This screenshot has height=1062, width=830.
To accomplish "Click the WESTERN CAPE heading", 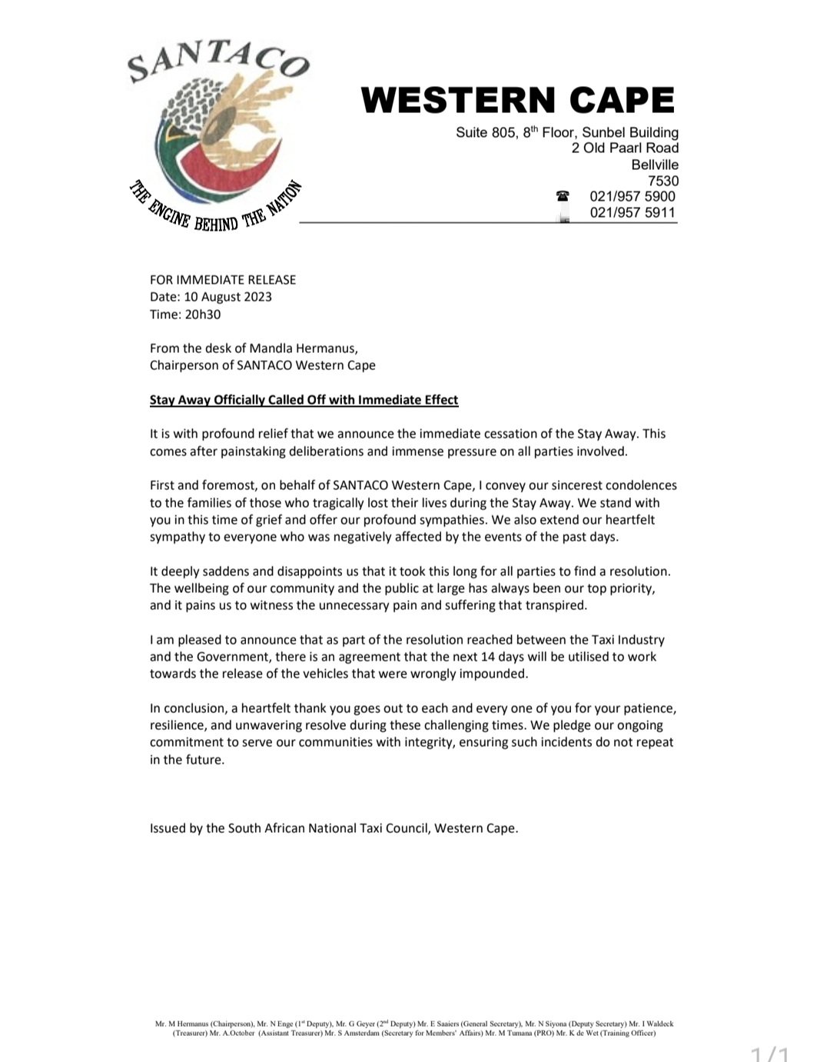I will point(517,101).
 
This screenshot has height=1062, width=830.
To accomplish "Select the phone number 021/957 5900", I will point(632,196).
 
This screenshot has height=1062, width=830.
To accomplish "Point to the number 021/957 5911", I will point(632,212).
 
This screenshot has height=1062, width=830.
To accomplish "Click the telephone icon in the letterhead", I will point(563,196).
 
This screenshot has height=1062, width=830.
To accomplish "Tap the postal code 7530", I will point(663,181).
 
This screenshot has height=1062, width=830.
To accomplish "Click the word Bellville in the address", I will point(655,165).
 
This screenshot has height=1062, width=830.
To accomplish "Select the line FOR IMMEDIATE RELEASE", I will point(223,280).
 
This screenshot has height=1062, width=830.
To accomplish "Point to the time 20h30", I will point(203,314).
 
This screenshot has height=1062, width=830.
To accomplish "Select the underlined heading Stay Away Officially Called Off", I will point(304,400).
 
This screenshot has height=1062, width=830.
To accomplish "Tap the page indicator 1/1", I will point(769,1052).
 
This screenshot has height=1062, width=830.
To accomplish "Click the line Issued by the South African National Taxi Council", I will point(334,828).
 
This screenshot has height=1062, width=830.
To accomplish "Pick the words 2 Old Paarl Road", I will point(625,148).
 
